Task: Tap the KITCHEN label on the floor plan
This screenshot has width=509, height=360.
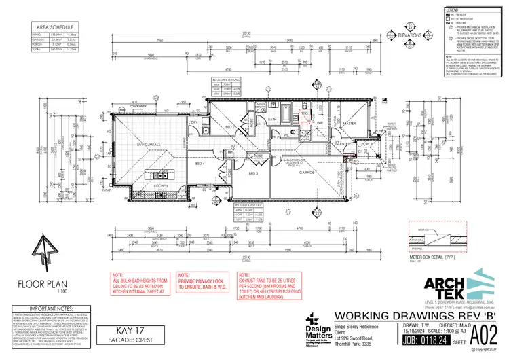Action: tap(160, 185)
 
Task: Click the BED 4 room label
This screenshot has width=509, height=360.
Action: tap(200, 164)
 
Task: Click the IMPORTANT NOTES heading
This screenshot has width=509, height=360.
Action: tap(41, 308)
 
